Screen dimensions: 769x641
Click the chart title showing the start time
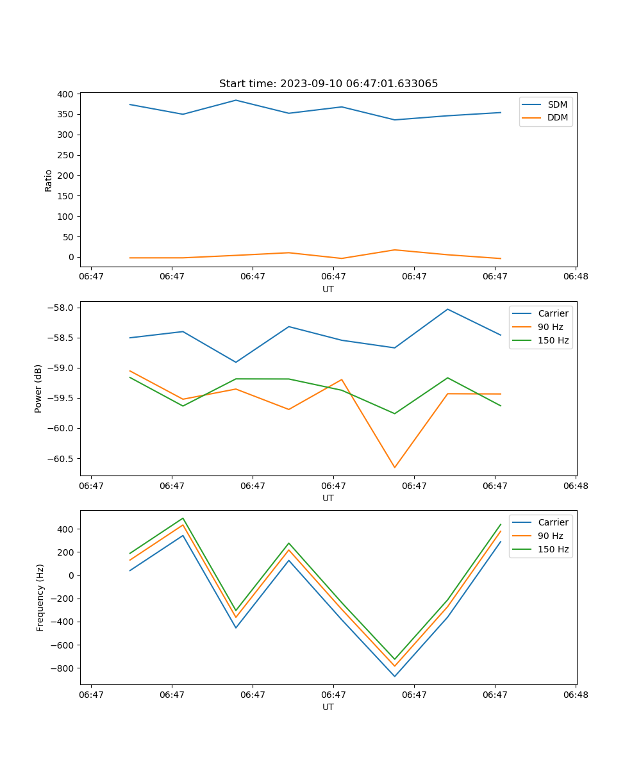(x=328, y=84)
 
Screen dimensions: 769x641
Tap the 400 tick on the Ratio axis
(x=65, y=94)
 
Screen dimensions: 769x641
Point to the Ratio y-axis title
(x=49, y=180)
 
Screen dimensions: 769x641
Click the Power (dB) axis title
(x=38, y=388)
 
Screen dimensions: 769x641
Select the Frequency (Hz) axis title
(x=40, y=597)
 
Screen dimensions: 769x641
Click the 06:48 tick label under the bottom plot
(x=576, y=695)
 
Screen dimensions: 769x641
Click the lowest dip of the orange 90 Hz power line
(x=394, y=467)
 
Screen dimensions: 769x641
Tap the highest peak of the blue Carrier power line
(x=447, y=310)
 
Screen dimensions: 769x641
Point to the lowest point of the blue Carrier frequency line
(x=394, y=676)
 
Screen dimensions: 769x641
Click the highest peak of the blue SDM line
(x=236, y=100)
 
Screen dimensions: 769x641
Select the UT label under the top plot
(x=328, y=289)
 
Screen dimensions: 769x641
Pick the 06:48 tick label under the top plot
(x=576, y=277)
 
